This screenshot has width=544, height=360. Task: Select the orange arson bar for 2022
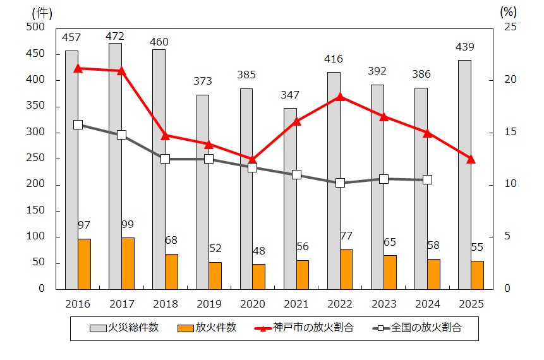(346, 268)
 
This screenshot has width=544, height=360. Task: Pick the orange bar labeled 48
(259, 276)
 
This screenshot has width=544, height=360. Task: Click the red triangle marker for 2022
(340, 97)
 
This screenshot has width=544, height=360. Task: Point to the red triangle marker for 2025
(471, 159)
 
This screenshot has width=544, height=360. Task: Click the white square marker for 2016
(78, 124)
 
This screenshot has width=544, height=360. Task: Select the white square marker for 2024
(427, 180)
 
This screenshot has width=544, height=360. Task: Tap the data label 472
(115, 36)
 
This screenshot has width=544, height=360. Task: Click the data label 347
(290, 95)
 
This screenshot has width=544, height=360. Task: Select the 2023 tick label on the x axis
(384, 304)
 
